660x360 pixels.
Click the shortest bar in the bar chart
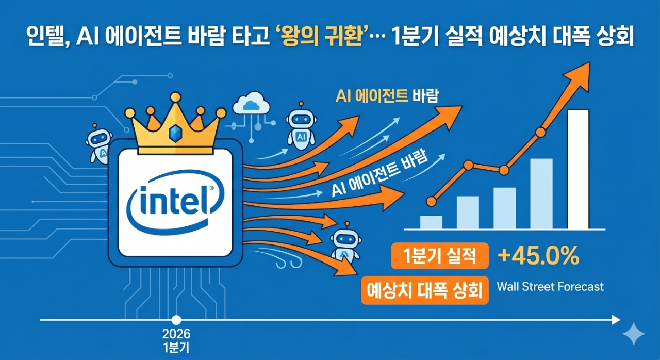point(431,222)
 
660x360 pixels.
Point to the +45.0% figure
point(538,256)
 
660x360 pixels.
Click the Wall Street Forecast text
point(550,287)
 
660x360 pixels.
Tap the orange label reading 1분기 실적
point(440,256)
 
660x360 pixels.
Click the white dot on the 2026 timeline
point(177,320)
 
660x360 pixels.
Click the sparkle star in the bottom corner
point(633,334)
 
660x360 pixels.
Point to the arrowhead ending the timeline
point(616,320)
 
